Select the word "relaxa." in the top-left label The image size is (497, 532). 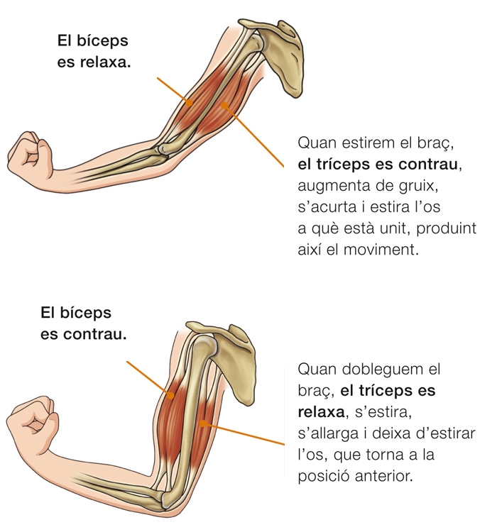(x=106, y=62)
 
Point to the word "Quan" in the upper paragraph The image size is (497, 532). (x=316, y=144)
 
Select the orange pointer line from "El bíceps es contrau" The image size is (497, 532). (x=148, y=376)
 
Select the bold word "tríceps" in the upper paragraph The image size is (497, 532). (x=352, y=166)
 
